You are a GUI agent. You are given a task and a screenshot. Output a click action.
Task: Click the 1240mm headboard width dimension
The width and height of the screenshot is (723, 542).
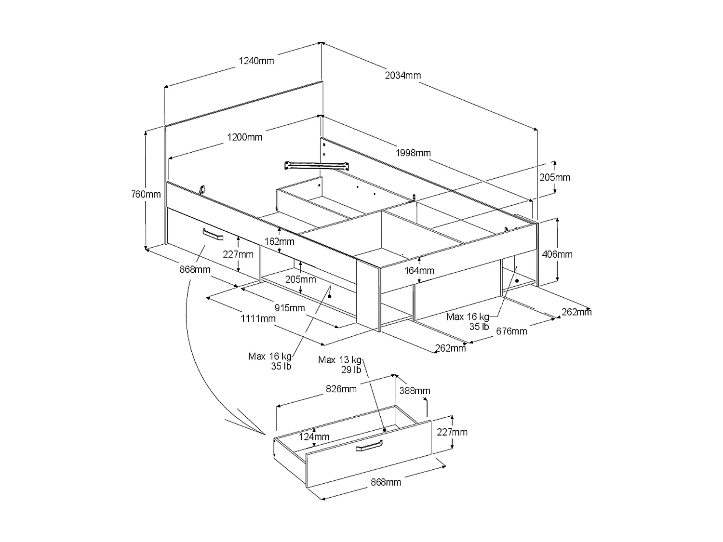click(x=256, y=61)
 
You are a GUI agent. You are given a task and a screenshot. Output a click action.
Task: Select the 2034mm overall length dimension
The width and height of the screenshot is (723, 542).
click(x=403, y=75)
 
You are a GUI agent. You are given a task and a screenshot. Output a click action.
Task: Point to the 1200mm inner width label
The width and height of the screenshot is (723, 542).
click(x=245, y=137)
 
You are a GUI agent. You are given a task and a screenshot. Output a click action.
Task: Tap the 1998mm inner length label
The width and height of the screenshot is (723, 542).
click(x=413, y=153)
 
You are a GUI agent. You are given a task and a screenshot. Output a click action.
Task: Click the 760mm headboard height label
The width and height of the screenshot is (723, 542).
click(x=146, y=195)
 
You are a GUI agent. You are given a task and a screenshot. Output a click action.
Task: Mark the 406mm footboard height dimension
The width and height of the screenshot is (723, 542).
click(x=558, y=254)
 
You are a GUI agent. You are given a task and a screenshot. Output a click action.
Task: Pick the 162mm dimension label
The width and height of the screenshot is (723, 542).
click(x=280, y=241)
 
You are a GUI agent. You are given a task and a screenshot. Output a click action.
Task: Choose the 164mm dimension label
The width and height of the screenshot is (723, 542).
click(x=420, y=271)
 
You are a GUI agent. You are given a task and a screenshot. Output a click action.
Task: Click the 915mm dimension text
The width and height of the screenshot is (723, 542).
click(x=289, y=308)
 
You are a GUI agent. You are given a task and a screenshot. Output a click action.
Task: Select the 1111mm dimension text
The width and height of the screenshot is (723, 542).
click(x=258, y=318)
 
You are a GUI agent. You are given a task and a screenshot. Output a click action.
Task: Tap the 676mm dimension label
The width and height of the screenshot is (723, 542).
click(x=512, y=331)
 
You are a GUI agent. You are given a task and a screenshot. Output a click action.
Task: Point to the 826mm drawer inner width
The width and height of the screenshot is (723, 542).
click(x=341, y=389)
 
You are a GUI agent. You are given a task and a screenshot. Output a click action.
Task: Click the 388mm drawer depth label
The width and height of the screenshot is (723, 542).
click(x=415, y=391)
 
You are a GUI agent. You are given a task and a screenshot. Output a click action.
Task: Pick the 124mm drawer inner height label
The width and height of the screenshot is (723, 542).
click(x=314, y=437)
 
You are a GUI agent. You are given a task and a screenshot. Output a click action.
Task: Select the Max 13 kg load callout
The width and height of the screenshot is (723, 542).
click(x=340, y=360)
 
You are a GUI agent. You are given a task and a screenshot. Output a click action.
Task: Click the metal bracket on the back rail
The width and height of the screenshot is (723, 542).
click(x=317, y=165)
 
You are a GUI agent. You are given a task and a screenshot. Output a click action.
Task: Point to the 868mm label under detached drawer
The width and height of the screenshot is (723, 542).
click(x=386, y=482)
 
